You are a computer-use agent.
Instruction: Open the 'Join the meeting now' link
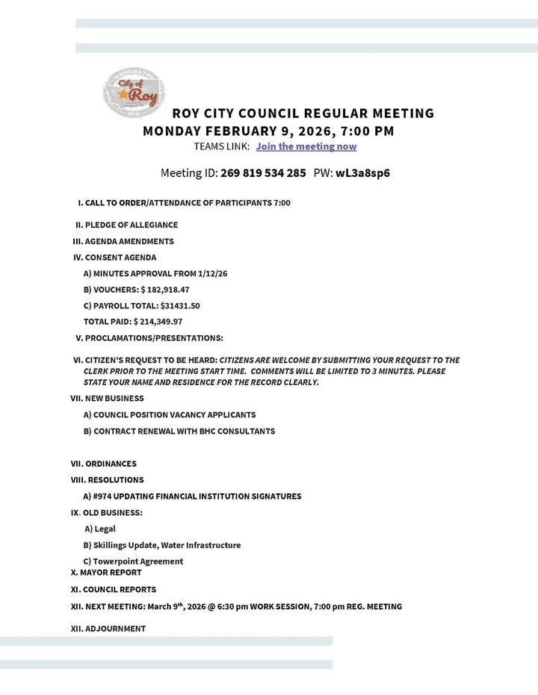click(x=306, y=146)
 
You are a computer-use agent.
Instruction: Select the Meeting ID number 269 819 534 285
click(x=263, y=173)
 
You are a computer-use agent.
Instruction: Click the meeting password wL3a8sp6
click(x=362, y=173)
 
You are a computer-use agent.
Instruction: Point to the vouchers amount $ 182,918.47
click(x=164, y=290)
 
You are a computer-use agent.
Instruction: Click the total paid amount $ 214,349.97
click(x=158, y=322)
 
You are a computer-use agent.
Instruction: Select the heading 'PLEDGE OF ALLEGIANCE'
click(x=131, y=225)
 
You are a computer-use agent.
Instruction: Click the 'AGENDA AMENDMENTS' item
click(x=129, y=241)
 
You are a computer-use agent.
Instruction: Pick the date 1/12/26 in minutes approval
click(x=213, y=273)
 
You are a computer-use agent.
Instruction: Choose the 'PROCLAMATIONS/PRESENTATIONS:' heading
click(x=154, y=338)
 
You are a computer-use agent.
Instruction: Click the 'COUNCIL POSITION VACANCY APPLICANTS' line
click(x=174, y=414)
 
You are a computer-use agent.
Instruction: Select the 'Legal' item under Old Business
click(x=105, y=529)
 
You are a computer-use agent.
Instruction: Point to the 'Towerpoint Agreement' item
click(x=137, y=561)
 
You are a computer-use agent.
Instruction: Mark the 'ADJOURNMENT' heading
click(x=115, y=629)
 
